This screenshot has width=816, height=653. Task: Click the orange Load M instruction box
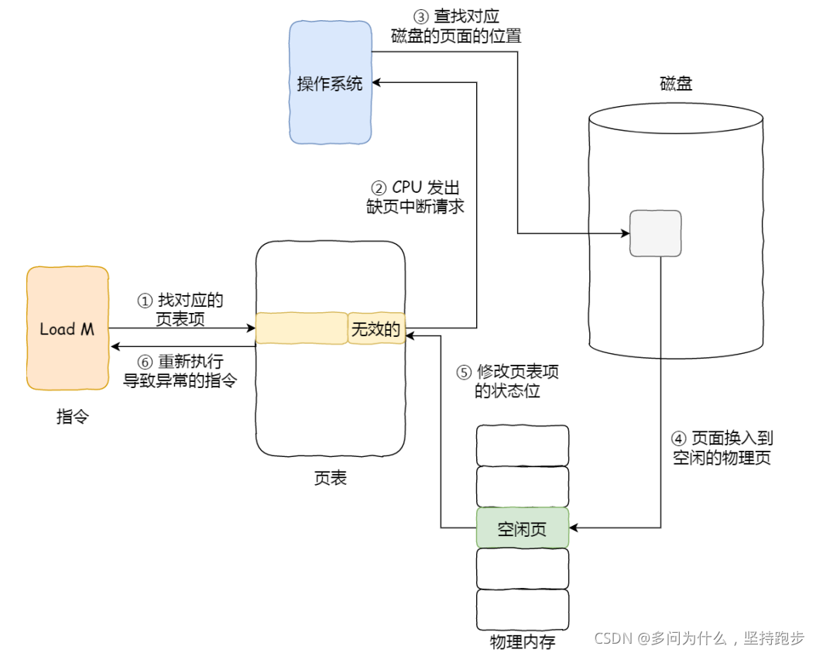67,328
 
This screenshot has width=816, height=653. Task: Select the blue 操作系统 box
330,83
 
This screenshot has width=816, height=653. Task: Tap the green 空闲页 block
522,528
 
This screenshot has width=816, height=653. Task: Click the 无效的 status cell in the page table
376,329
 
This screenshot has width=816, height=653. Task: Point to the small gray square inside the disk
655,233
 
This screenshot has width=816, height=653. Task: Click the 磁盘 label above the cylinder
676,84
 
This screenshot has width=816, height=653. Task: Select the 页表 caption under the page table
331,478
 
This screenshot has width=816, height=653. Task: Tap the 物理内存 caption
522,642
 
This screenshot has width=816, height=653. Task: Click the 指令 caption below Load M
73,417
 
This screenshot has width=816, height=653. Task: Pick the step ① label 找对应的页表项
181,309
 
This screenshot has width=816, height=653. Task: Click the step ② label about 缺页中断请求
416,197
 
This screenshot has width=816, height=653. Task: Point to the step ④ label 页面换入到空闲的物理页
722,448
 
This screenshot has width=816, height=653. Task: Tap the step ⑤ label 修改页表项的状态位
507,381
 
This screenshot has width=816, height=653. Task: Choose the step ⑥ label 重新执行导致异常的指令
181,370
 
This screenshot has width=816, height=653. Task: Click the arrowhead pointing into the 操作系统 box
376,81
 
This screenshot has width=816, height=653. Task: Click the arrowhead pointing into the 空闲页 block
574,528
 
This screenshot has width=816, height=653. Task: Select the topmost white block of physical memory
522,445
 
